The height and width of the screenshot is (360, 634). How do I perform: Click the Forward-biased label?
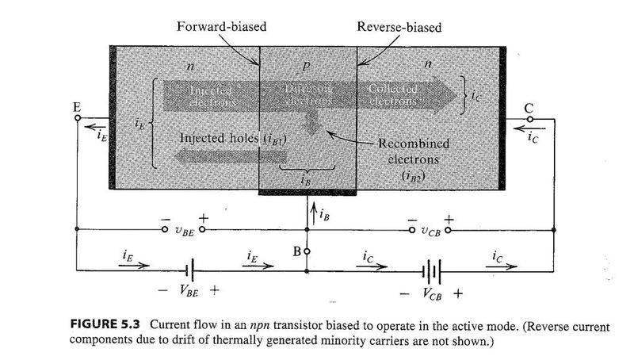[x=220, y=26]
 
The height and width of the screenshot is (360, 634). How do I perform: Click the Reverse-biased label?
[x=399, y=27]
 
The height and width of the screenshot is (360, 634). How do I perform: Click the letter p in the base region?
[x=305, y=66]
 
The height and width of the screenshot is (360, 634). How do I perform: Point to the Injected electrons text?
[x=212, y=96]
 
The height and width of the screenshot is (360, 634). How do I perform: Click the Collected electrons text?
[x=393, y=96]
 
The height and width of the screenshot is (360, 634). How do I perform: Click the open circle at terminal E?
[x=77, y=119]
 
